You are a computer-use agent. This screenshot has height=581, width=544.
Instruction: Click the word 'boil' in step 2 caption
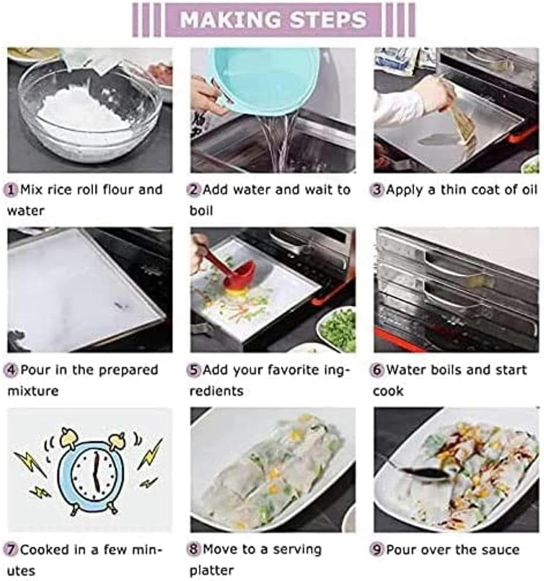[201, 211]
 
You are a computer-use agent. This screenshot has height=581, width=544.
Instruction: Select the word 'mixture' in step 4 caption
[33, 391]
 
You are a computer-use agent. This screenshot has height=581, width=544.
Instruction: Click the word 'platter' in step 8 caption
[211, 571]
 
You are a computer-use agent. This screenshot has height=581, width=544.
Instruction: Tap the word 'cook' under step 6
[388, 391]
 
